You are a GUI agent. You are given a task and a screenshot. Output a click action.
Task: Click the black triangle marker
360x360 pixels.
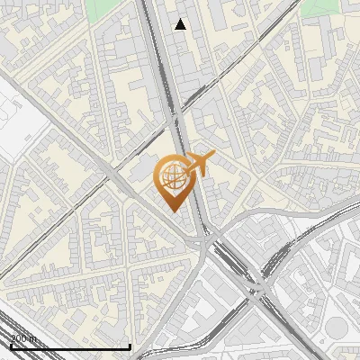(x=181, y=24)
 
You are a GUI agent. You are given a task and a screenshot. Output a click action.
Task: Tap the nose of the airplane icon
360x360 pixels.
(x=213, y=157)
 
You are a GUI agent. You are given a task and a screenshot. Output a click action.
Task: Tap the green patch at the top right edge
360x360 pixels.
(x=315, y=7)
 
